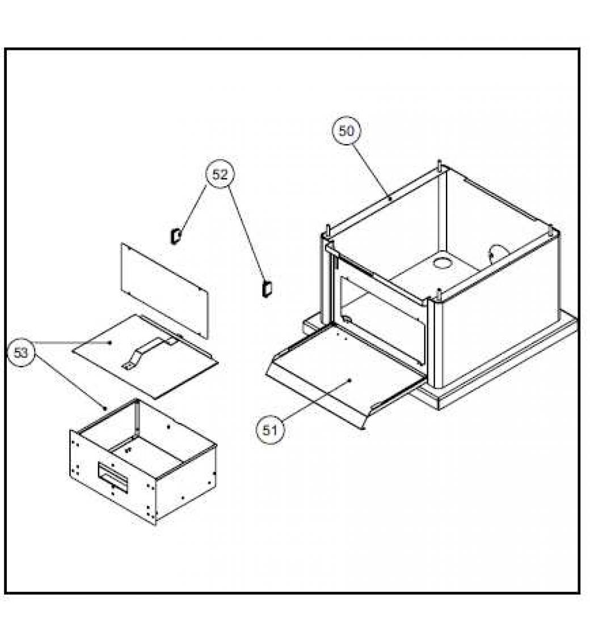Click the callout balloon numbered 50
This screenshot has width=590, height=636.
pos(346,131)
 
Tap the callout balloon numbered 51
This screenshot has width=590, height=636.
pos(270,430)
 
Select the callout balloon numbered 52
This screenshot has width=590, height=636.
pos(220,175)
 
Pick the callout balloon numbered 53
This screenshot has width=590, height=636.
pos(21,353)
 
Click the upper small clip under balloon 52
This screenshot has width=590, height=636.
pos(175,236)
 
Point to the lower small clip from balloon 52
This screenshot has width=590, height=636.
pos(266,289)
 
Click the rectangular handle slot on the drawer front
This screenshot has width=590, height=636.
pos(112,477)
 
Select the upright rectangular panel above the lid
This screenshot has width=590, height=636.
pos(165,290)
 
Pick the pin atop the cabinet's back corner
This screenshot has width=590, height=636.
pos(440,165)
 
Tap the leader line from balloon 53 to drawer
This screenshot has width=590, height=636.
pos(69,381)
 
